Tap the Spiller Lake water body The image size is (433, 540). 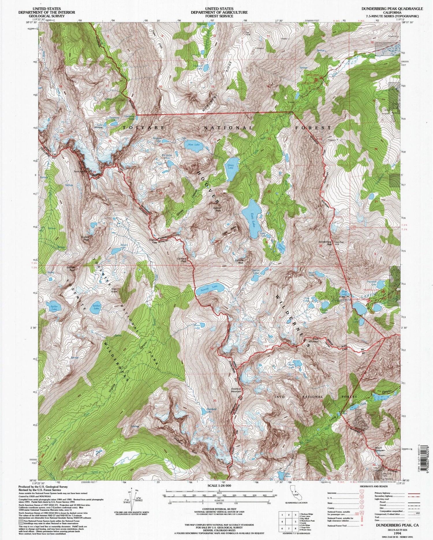click(x=53, y=307)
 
